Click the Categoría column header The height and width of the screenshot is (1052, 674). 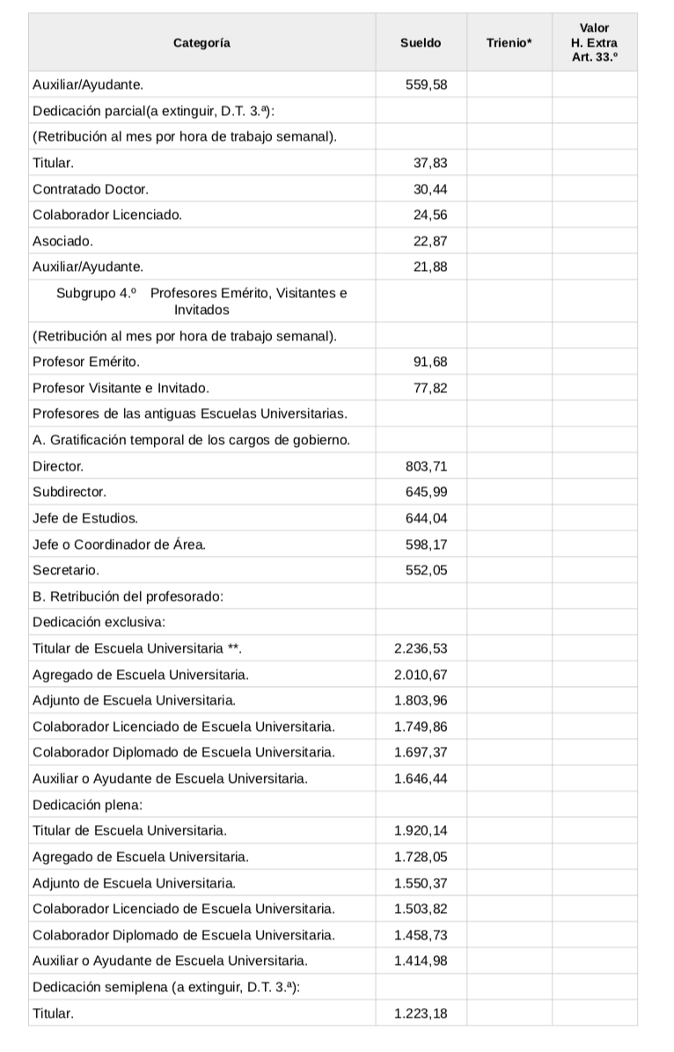201,42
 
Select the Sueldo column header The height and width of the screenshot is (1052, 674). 421,42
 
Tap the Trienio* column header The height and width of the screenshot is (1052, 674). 509,42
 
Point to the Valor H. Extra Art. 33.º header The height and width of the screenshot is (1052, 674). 594,42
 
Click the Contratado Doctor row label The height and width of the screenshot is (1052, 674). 91,189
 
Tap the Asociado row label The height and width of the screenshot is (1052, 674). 62,240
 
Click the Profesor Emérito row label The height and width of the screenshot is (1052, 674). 85,362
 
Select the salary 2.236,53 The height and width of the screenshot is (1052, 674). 421,649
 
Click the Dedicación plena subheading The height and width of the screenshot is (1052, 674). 87,804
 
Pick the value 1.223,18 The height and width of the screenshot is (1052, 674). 421,1013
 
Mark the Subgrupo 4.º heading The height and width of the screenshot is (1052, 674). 201,301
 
